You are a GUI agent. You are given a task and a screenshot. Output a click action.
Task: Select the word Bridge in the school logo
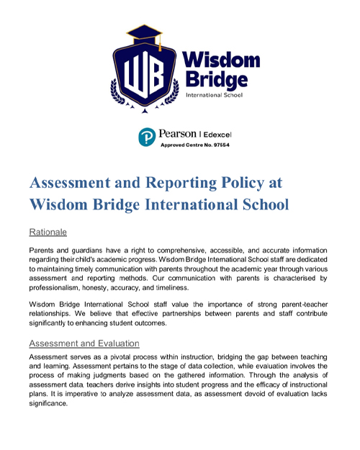216,78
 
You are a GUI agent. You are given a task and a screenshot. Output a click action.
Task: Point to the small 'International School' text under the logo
214,94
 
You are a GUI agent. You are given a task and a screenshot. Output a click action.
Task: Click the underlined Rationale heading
48,232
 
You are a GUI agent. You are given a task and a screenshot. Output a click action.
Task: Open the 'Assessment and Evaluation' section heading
84,343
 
